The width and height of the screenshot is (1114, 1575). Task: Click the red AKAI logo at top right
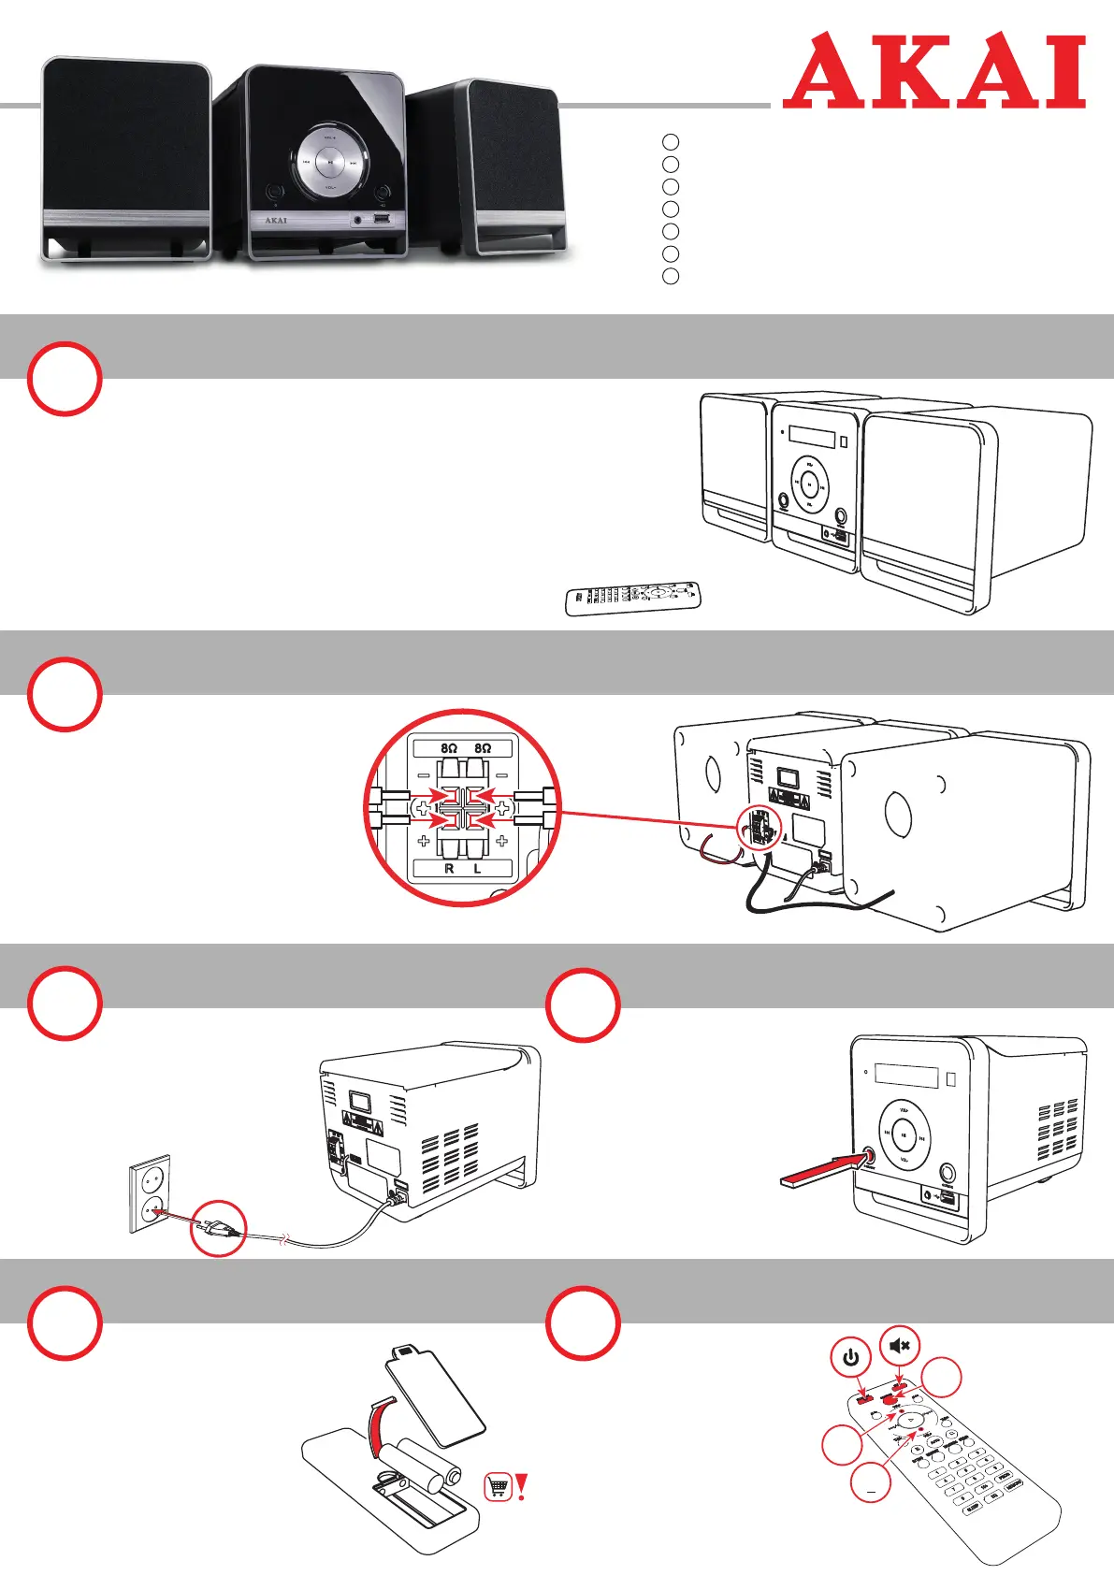pyautogui.click(x=933, y=71)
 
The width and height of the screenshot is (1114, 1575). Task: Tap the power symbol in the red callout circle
pyautogui.click(x=850, y=1357)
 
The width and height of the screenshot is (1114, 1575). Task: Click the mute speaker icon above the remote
pyautogui.click(x=900, y=1346)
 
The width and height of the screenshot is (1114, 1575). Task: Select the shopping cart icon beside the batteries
pyautogui.click(x=499, y=1486)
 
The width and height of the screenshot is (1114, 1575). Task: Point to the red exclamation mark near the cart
pyautogui.click(x=522, y=1485)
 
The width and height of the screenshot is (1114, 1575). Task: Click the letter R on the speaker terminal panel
pyautogui.click(x=449, y=869)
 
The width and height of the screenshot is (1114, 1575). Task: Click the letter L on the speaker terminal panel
pyautogui.click(x=477, y=869)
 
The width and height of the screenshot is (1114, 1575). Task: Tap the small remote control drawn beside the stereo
pyautogui.click(x=633, y=596)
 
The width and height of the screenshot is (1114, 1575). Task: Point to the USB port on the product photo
pyautogui.click(x=381, y=220)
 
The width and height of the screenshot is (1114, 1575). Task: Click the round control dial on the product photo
pyautogui.click(x=329, y=162)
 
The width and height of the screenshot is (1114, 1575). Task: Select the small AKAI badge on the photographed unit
pyautogui.click(x=275, y=221)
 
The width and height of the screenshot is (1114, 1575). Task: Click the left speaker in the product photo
pyautogui.click(x=126, y=157)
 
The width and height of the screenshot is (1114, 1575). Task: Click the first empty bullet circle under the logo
pyautogui.click(x=670, y=141)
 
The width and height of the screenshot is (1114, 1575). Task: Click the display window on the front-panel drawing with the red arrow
pyautogui.click(x=905, y=1073)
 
